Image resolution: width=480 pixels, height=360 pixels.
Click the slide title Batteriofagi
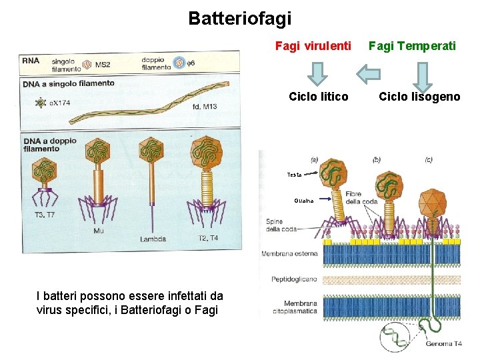pyautogui.click(x=240, y=18)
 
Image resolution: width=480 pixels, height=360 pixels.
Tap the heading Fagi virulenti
pyautogui.click(x=313, y=46)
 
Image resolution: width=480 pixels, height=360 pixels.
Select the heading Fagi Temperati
pyautogui.click(x=412, y=46)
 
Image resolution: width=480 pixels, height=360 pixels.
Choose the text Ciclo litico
pyautogui.click(x=318, y=97)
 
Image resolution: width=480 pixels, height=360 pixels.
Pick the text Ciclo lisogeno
pyautogui.click(x=419, y=97)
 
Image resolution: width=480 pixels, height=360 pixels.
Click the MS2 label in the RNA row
pyautogui.click(x=102, y=65)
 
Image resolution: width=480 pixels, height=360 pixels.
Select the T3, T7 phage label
pyautogui.click(x=45, y=215)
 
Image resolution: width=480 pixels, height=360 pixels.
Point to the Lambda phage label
pyautogui.click(x=153, y=238)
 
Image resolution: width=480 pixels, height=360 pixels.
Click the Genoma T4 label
pyautogui.click(x=444, y=344)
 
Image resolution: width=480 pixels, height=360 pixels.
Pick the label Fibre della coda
pyautogui.click(x=361, y=197)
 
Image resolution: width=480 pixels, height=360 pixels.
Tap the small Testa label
pyautogui.click(x=294, y=175)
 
